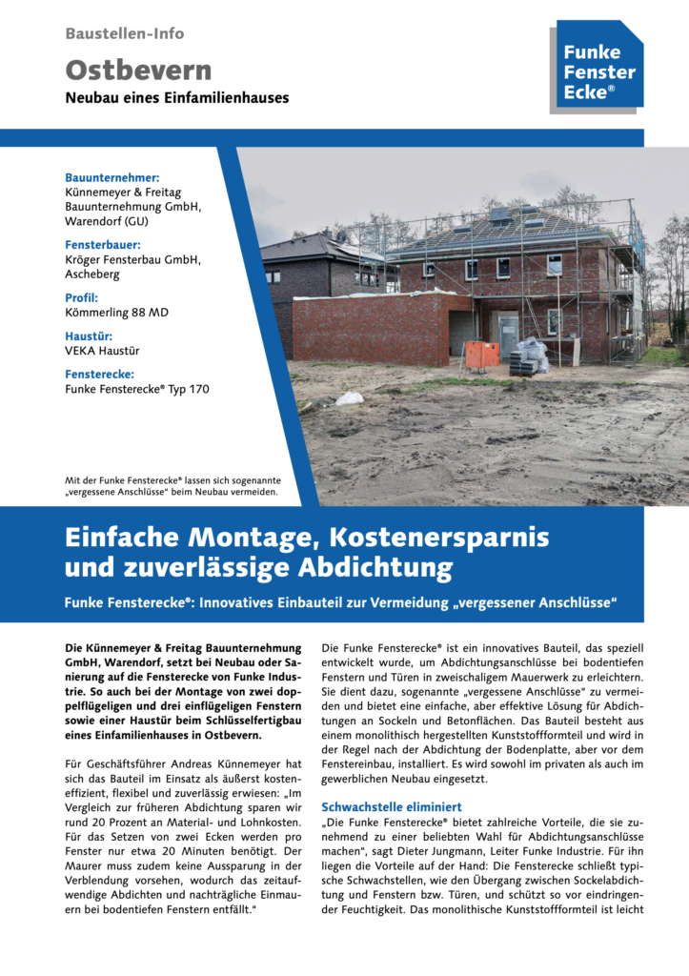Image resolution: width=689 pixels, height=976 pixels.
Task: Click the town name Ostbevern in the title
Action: (x=138, y=70)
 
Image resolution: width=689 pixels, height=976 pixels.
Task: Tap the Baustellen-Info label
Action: (x=125, y=33)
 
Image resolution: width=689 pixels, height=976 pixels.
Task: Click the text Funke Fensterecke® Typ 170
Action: (x=136, y=389)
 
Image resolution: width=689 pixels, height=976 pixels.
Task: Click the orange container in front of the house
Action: (x=482, y=355)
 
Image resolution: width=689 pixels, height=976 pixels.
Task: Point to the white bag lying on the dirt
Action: (x=350, y=398)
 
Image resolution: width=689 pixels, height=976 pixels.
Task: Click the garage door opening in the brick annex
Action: (x=461, y=334)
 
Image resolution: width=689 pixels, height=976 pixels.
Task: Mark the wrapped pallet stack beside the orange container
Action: (x=529, y=356)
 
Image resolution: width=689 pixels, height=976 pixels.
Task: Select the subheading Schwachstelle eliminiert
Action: (x=392, y=806)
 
